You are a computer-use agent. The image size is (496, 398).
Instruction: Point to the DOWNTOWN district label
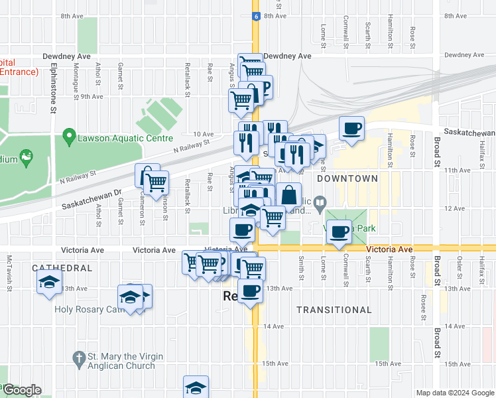(x=347, y=178)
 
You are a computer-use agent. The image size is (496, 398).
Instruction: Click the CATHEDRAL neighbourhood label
(x=62, y=268)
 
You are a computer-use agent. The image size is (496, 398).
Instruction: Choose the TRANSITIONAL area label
(x=334, y=310)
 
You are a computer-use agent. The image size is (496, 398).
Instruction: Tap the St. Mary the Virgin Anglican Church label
(x=121, y=361)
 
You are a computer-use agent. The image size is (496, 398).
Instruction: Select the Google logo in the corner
(x=22, y=390)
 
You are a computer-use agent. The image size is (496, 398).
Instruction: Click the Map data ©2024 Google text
(x=454, y=393)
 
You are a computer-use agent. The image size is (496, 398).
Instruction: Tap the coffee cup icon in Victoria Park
(x=340, y=232)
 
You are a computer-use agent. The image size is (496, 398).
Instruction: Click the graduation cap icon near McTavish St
(x=48, y=281)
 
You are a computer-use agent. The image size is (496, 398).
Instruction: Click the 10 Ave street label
(x=203, y=134)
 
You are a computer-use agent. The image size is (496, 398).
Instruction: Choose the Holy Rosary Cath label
(x=88, y=310)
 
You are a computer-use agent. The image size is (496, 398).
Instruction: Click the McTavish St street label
(x=9, y=269)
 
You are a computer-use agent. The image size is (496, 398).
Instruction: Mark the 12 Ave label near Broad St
(x=454, y=208)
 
